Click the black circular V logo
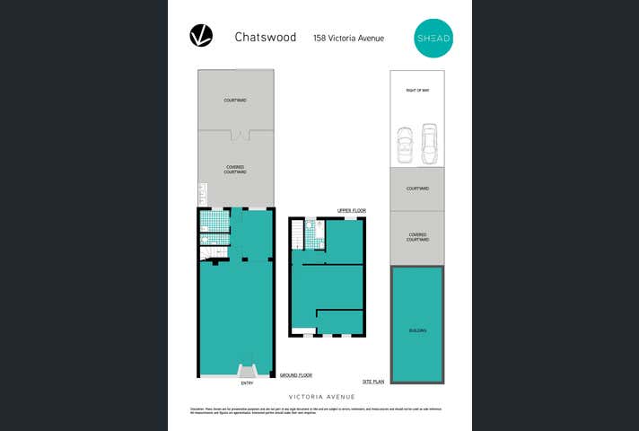click(x=201, y=36)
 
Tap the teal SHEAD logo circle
click(x=433, y=37)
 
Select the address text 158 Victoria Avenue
click(x=347, y=38)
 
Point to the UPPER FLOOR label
click(x=352, y=210)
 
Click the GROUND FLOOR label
click(x=295, y=374)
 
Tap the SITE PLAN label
click(x=373, y=382)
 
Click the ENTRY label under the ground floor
click(x=247, y=383)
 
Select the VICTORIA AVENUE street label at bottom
click(x=320, y=396)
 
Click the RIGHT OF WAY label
click(x=416, y=91)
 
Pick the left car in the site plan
click(x=405, y=145)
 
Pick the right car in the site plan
click(x=429, y=144)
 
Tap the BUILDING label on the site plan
click(x=417, y=330)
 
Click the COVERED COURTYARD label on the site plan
click(x=417, y=238)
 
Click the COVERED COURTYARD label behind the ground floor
click(x=235, y=169)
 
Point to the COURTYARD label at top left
click(x=235, y=100)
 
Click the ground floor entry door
click(x=247, y=371)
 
